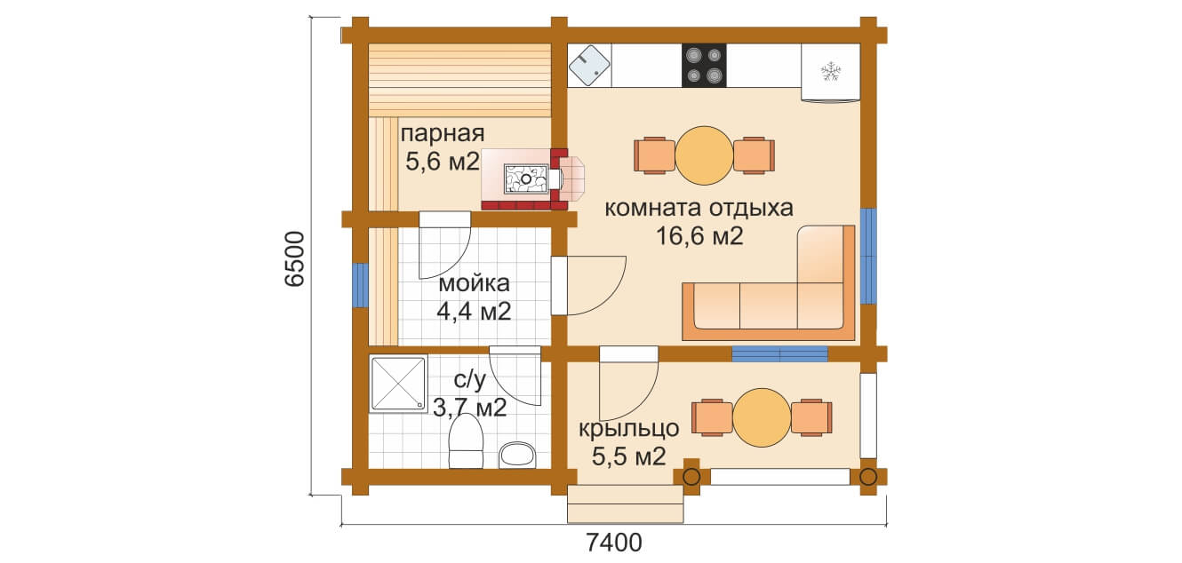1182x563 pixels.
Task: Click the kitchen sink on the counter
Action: (x=589, y=66)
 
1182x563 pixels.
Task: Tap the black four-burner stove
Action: (x=704, y=66)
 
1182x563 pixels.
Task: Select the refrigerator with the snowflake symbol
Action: (x=831, y=73)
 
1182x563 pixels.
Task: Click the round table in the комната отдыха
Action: (x=704, y=155)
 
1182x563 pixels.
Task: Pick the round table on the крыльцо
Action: (x=762, y=417)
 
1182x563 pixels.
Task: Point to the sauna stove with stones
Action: (x=526, y=178)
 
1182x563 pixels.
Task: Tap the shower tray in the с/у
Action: (x=398, y=384)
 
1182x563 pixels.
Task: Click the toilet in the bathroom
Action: (x=466, y=441)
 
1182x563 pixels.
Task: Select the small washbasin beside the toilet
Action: (x=517, y=456)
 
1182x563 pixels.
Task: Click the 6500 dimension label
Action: (x=295, y=258)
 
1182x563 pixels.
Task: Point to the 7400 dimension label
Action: (x=614, y=543)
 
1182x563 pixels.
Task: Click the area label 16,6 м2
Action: (x=699, y=235)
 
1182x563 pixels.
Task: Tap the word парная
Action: (x=443, y=134)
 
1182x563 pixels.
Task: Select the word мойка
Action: (x=474, y=283)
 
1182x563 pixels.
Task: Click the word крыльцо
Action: (x=628, y=429)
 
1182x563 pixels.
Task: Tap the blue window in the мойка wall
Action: (x=361, y=285)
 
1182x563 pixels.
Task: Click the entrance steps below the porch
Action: (x=626, y=504)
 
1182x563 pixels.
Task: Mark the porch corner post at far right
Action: (x=868, y=477)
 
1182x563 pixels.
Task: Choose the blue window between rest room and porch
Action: (x=780, y=353)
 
